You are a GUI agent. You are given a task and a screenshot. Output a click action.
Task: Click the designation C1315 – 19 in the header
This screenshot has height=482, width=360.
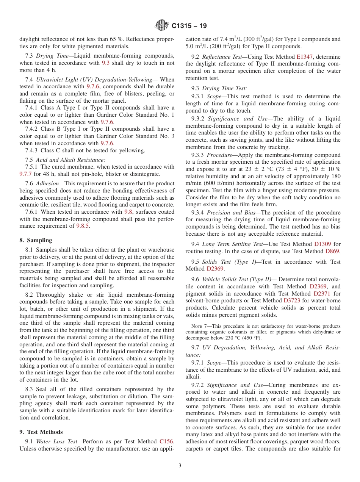(189, 27)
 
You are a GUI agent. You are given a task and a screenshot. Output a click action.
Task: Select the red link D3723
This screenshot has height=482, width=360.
(291, 301)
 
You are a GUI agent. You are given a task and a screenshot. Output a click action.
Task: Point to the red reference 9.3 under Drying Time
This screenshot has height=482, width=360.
(106, 63)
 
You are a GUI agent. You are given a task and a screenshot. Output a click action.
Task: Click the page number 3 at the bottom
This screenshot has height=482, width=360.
(180, 466)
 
